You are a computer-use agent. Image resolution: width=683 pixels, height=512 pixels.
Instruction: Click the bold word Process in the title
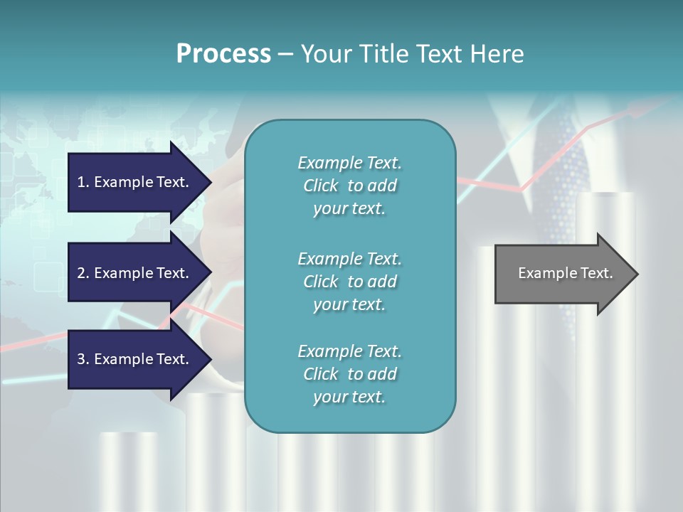(x=223, y=54)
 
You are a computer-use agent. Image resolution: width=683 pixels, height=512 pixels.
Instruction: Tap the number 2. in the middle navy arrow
(x=83, y=273)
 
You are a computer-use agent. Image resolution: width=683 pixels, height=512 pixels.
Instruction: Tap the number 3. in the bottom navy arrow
(x=83, y=359)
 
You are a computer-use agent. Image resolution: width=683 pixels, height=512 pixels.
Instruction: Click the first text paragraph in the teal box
(x=349, y=186)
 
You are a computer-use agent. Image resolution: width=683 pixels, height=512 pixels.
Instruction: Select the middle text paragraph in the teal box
(x=349, y=282)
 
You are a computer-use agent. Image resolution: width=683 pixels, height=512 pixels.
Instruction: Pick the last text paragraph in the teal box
(x=349, y=374)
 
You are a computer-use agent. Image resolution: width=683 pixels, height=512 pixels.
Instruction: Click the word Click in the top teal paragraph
(x=321, y=186)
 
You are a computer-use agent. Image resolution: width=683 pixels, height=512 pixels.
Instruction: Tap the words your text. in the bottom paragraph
(x=349, y=397)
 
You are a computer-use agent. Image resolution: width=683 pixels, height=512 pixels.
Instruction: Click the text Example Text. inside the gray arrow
(x=565, y=273)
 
